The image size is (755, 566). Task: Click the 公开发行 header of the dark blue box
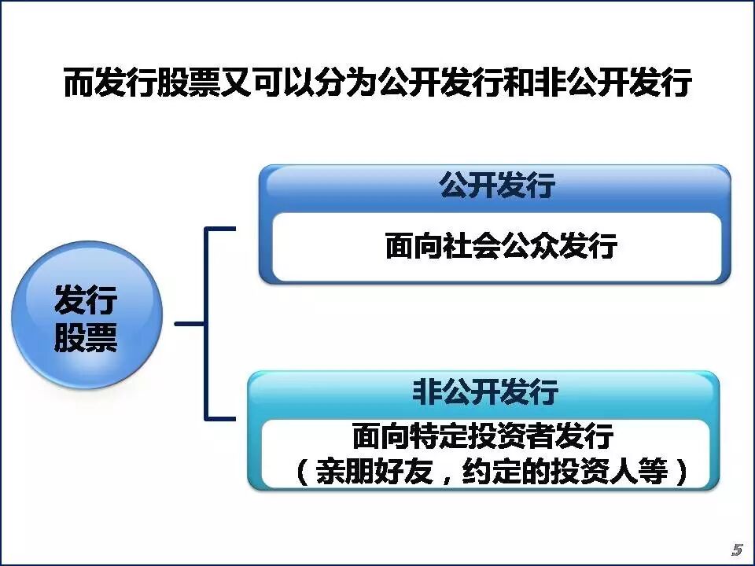click(497, 187)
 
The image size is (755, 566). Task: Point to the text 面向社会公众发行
click(501, 247)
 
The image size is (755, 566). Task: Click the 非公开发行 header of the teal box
click(485, 391)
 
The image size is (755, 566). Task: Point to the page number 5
click(737, 549)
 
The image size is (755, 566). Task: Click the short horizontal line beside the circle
click(190, 323)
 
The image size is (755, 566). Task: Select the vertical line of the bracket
click(206, 323)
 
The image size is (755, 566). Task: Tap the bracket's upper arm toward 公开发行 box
click(221, 230)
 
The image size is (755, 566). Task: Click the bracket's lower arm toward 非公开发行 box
click(221, 417)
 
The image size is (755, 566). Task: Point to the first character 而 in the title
click(79, 83)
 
